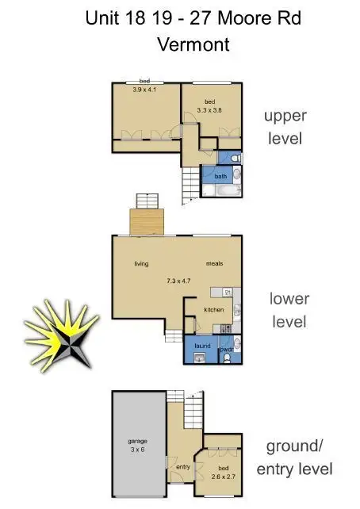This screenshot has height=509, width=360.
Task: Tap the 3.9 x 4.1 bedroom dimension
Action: click(145, 90)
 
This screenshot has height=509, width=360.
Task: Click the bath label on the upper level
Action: click(220, 176)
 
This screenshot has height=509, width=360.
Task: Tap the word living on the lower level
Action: click(141, 264)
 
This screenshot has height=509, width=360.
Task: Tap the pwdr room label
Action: click(225, 347)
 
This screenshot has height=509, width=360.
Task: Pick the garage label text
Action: click(137, 441)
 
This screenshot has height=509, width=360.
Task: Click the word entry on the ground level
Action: click(183, 467)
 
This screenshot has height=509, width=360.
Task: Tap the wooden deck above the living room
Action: click(146, 220)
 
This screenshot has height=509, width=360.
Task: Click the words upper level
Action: click(284, 126)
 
